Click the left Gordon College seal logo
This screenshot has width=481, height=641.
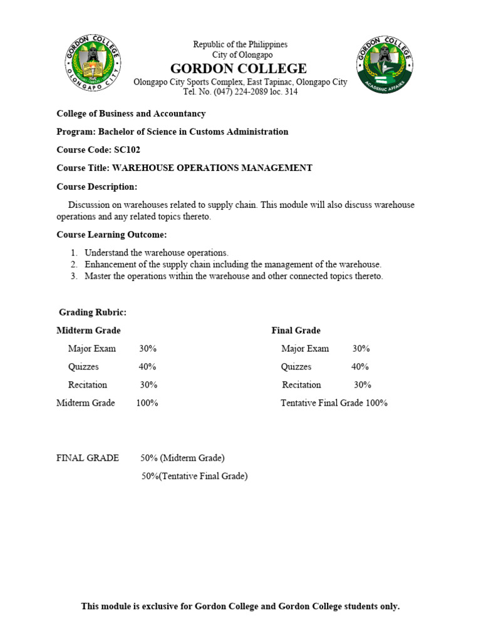coord(93,64)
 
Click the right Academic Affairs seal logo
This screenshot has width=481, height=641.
coord(384,64)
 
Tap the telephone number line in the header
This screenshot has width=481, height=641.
coord(240,92)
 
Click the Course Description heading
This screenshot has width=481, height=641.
coord(96,187)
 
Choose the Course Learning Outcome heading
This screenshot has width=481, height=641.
coord(112,235)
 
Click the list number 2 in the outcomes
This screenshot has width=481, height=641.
coord(73,265)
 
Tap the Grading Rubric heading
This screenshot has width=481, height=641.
coord(93,312)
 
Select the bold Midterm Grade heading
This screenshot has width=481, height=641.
coord(88,331)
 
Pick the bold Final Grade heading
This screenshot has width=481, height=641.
coord(296,331)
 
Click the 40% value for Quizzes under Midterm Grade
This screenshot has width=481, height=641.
coord(147,367)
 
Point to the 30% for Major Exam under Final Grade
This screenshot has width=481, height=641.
coord(361,349)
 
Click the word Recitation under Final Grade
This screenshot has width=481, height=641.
coord(301,385)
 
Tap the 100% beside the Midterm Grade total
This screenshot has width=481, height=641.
coord(147,403)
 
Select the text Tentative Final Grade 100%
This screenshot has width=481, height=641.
coord(334,403)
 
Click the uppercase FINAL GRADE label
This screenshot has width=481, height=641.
coord(88,458)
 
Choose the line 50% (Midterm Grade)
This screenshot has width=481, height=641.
coord(182,458)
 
